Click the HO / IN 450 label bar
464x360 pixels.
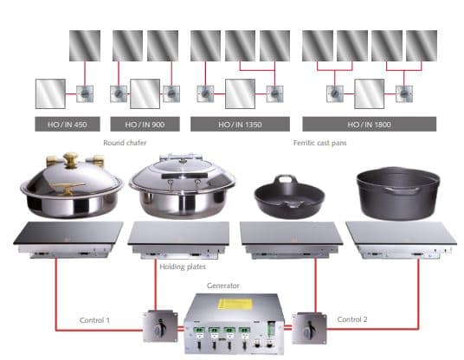[x=68, y=124]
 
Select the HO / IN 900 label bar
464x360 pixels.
[x=145, y=124]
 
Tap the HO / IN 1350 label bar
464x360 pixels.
[x=240, y=124]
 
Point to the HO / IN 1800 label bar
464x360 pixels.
[x=370, y=124]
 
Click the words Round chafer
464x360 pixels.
[x=125, y=143]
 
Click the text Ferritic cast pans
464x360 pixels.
[x=319, y=143]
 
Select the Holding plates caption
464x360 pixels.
[x=183, y=267]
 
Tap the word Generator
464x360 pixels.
[x=223, y=286]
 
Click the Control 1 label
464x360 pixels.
[x=94, y=320]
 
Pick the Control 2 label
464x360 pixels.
[x=352, y=319]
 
